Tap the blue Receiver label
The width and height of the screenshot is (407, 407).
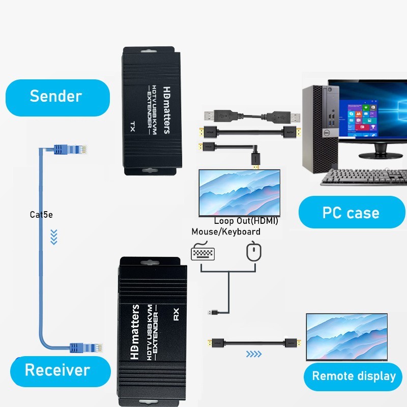click(x=57, y=370)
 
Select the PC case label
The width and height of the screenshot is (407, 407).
click(x=351, y=212)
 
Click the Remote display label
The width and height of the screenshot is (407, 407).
click(x=354, y=376)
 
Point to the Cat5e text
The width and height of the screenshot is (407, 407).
click(x=41, y=215)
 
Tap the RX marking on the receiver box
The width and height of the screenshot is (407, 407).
click(x=177, y=315)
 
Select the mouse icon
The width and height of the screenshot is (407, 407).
click(x=253, y=252)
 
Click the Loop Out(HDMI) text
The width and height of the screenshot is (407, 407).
click(x=246, y=221)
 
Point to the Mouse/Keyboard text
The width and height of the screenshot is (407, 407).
click(x=226, y=232)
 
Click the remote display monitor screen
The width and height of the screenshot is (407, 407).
click(x=346, y=336)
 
